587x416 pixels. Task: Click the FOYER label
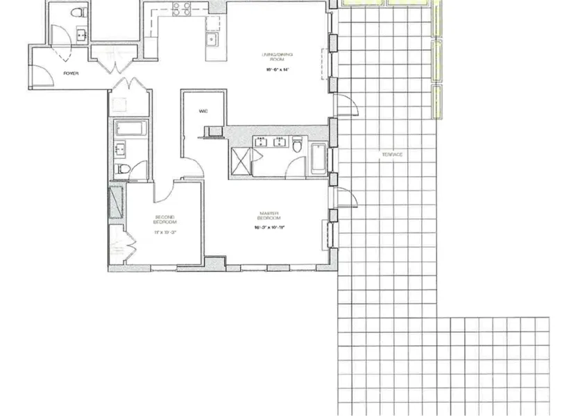click(70, 72)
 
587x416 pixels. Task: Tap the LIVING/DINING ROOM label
click(273, 58)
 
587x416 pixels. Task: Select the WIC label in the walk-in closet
click(203, 110)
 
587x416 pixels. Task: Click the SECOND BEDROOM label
click(165, 220)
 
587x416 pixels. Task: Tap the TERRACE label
click(391, 154)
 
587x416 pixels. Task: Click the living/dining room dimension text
click(275, 70)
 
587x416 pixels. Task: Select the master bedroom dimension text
click(270, 227)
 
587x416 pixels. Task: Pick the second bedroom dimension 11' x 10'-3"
click(165, 232)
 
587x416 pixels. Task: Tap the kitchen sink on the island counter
click(212, 39)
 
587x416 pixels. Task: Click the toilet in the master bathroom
click(298, 145)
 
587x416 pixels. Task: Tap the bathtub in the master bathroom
click(318, 158)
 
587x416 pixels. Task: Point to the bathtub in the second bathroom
click(130, 128)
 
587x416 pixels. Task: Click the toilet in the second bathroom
click(121, 169)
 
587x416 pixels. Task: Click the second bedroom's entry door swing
click(163, 190)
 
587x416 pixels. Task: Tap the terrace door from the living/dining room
click(345, 105)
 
